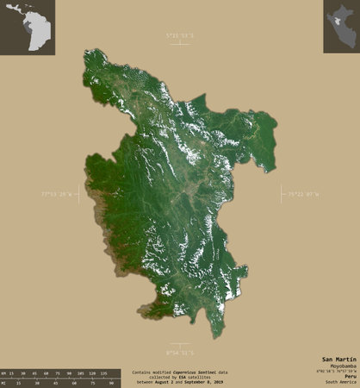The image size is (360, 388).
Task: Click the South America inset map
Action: click(28, 28)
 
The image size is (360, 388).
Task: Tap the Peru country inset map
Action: click(340, 27)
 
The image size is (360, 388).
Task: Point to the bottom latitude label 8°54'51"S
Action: click(180, 353)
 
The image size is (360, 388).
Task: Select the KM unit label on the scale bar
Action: click(5, 372)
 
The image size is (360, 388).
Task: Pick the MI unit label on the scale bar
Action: click(5, 380)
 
